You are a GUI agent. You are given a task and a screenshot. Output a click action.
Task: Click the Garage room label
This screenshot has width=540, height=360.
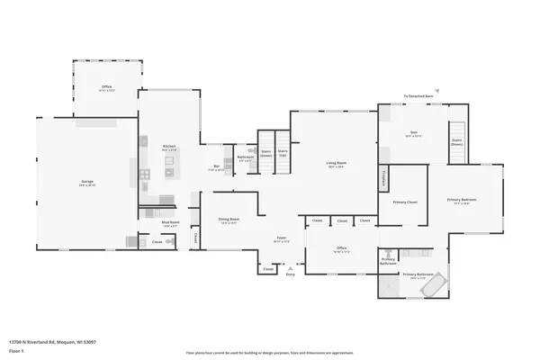[87, 183]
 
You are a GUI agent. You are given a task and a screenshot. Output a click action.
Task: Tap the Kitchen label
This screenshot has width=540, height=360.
[168, 147]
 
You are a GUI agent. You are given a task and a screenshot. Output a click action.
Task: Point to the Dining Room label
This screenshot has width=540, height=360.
[229, 220]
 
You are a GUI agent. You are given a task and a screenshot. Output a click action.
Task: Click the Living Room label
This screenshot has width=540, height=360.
[337, 164]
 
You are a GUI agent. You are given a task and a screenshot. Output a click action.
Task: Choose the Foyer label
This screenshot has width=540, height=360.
[281, 238]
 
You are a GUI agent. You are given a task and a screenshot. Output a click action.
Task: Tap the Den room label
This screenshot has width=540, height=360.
[414, 133]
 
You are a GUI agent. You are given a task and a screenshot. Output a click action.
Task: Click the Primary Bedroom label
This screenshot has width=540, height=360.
[463, 200]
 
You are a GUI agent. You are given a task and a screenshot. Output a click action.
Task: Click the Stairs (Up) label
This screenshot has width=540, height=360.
[283, 152]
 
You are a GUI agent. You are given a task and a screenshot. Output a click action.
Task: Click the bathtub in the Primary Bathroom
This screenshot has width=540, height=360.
[438, 285]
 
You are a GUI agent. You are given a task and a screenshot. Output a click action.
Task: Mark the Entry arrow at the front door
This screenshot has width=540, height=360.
[290, 269]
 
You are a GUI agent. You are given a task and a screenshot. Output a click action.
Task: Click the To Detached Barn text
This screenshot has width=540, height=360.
[419, 95]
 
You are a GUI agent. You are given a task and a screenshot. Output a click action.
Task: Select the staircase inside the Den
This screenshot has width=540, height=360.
[457, 142]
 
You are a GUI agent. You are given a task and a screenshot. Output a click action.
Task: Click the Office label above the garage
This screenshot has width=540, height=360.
[106, 88]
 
